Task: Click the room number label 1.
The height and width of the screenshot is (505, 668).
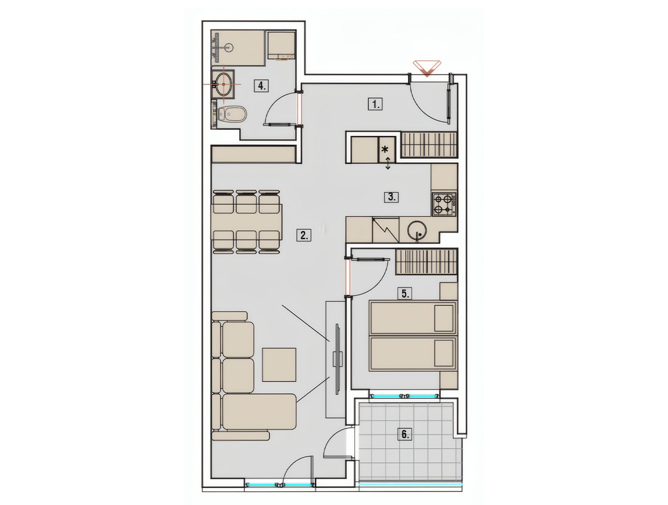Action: coord(375,104)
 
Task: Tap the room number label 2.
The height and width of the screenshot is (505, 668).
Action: coord(304,235)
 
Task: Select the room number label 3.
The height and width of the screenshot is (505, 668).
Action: coord(391,197)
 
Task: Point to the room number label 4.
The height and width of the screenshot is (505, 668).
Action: coord(261,85)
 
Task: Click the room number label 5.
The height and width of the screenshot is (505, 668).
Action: coord(405,294)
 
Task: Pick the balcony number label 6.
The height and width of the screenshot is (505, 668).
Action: coord(405,434)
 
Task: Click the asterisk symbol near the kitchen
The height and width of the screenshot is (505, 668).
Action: coord(385,149)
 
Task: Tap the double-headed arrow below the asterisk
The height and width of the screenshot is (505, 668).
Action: coord(388,163)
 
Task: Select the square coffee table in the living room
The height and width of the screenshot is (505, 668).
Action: coord(279,364)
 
